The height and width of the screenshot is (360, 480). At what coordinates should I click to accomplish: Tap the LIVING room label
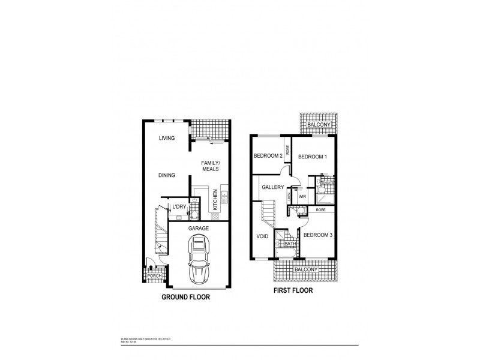pyautogui.click(x=166, y=138)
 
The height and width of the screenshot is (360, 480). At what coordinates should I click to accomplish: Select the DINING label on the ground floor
pyautogui.click(x=166, y=176)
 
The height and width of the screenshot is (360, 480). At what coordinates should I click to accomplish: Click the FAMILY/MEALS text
pyautogui.click(x=209, y=166)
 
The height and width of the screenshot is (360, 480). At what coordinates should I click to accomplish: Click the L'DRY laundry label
pyautogui.click(x=179, y=208)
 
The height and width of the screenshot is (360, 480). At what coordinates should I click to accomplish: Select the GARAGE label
pyautogui.click(x=198, y=229)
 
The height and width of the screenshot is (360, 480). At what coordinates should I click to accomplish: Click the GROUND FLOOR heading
pyautogui.click(x=185, y=296)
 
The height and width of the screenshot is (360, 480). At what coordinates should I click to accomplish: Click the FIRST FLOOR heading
pyautogui.click(x=295, y=292)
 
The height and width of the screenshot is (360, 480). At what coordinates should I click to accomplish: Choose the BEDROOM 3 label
pyautogui.click(x=318, y=235)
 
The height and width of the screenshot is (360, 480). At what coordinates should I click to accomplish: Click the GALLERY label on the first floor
pyautogui.click(x=272, y=187)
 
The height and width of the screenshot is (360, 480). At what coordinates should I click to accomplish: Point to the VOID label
pyautogui.click(x=262, y=236)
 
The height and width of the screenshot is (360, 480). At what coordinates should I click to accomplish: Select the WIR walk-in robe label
pyautogui.click(x=302, y=196)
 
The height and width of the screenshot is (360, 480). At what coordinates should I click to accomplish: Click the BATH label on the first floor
pyautogui.click(x=290, y=244)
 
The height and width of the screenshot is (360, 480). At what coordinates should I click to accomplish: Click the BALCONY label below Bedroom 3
pyautogui.click(x=305, y=270)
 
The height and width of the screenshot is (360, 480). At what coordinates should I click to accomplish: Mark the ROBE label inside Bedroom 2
pyautogui.click(x=289, y=149)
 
